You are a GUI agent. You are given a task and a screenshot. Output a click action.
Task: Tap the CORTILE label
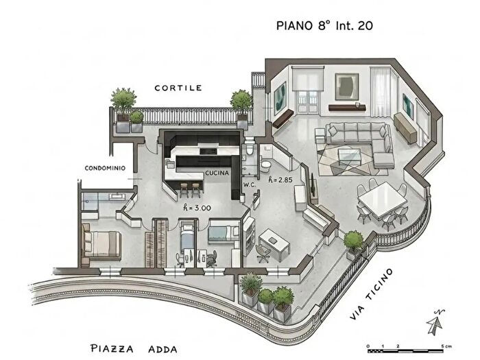178,88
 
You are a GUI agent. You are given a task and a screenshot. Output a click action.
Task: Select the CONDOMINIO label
105,168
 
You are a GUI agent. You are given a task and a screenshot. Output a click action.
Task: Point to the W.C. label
250,184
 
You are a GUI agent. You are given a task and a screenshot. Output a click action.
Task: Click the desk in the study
274,241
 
